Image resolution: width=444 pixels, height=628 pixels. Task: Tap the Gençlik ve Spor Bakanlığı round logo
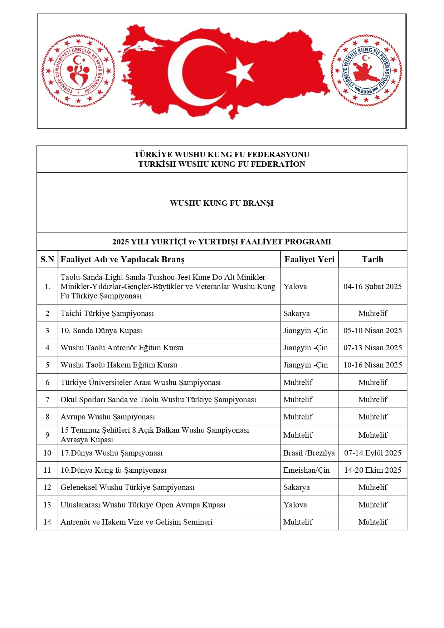click(78, 71)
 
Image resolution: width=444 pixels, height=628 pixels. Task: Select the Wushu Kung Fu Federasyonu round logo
click(366, 70)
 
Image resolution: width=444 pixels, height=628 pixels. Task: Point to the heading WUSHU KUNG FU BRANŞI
click(221, 203)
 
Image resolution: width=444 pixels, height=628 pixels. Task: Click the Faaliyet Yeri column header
click(309, 259)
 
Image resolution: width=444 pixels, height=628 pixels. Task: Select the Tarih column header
click(372, 259)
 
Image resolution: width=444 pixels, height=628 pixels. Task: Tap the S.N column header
click(47, 259)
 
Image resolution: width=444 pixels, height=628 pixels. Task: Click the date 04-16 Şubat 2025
click(372, 287)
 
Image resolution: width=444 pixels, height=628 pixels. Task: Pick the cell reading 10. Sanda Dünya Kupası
click(101, 331)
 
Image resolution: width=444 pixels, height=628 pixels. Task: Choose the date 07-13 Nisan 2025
click(372, 348)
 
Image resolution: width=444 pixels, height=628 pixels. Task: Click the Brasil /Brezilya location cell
click(309, 453)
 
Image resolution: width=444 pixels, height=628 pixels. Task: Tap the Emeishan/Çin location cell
click(306, 470)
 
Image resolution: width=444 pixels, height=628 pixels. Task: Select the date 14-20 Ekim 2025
click(372, 470)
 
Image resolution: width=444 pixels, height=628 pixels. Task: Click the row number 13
click(47, 505)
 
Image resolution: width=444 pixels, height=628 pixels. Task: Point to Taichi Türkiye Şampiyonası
click(107, 313)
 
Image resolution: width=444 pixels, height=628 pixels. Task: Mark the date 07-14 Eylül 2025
click(372, 453)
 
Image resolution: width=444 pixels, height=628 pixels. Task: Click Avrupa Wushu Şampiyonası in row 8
click(108, 417)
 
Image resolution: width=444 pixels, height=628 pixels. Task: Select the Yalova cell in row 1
click(295, 287)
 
